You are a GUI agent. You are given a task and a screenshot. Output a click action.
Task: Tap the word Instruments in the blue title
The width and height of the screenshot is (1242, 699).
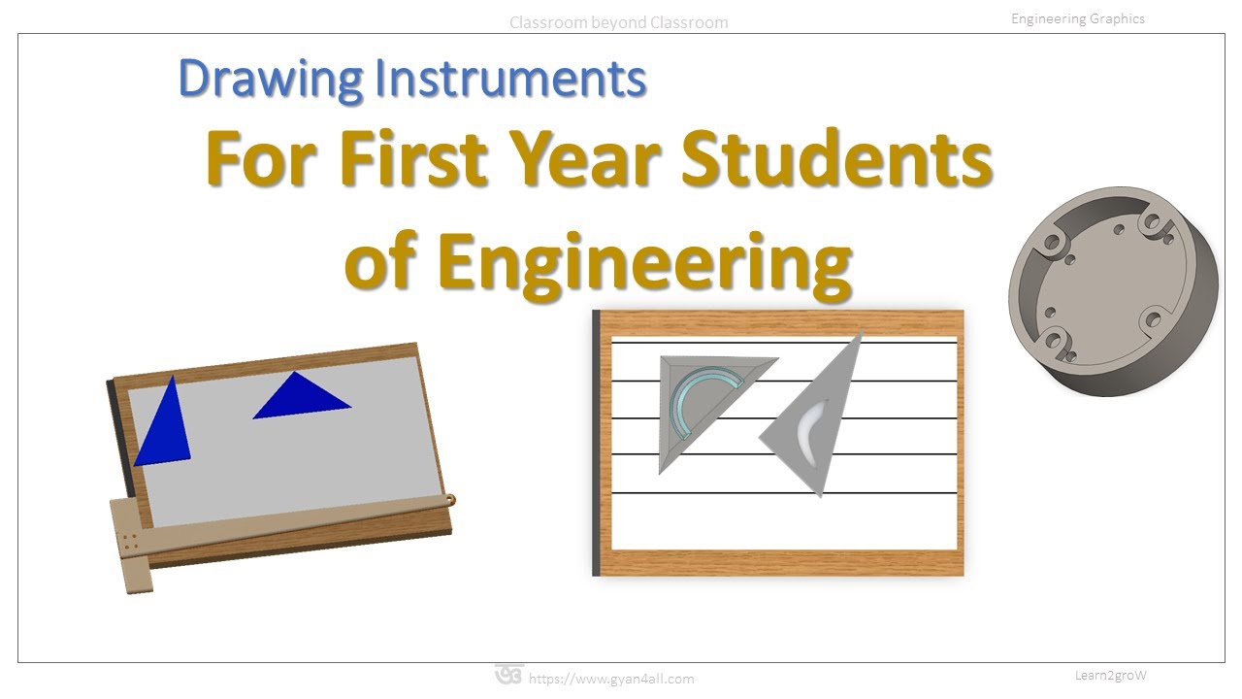click(510, 80)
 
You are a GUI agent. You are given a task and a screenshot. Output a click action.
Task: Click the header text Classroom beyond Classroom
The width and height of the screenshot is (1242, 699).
click(618, 22)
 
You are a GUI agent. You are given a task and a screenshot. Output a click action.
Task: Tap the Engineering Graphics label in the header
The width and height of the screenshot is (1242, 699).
click(1077, 18)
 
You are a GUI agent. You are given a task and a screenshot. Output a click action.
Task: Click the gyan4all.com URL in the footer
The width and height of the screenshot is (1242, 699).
click(611, 679)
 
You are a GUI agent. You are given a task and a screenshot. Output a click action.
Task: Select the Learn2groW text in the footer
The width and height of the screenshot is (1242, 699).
click(1111, 675)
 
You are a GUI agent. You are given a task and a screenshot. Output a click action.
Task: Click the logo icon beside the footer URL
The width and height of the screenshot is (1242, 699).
click(508, 675)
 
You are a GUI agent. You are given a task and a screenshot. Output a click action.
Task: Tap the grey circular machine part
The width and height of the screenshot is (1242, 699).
click(1112, 291)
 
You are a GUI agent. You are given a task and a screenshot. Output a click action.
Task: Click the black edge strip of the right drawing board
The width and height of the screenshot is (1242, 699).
click(596, 442)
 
